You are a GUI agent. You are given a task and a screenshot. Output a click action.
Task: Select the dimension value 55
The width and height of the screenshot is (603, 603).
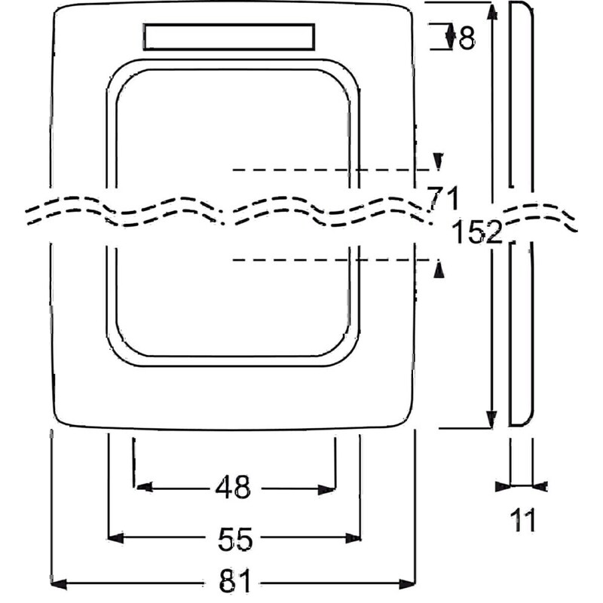235,539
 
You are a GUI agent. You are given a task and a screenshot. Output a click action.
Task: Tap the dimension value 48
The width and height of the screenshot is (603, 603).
233,487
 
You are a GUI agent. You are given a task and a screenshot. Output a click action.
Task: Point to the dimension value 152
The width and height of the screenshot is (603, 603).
477,232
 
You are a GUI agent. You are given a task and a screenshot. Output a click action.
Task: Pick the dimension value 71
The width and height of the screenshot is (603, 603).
443,198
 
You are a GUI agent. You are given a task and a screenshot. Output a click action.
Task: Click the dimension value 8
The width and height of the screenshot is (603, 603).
467,38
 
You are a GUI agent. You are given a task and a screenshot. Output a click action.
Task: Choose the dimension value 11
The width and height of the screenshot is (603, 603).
522,520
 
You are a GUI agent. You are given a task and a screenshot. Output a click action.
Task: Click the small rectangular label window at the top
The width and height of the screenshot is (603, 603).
229,37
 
